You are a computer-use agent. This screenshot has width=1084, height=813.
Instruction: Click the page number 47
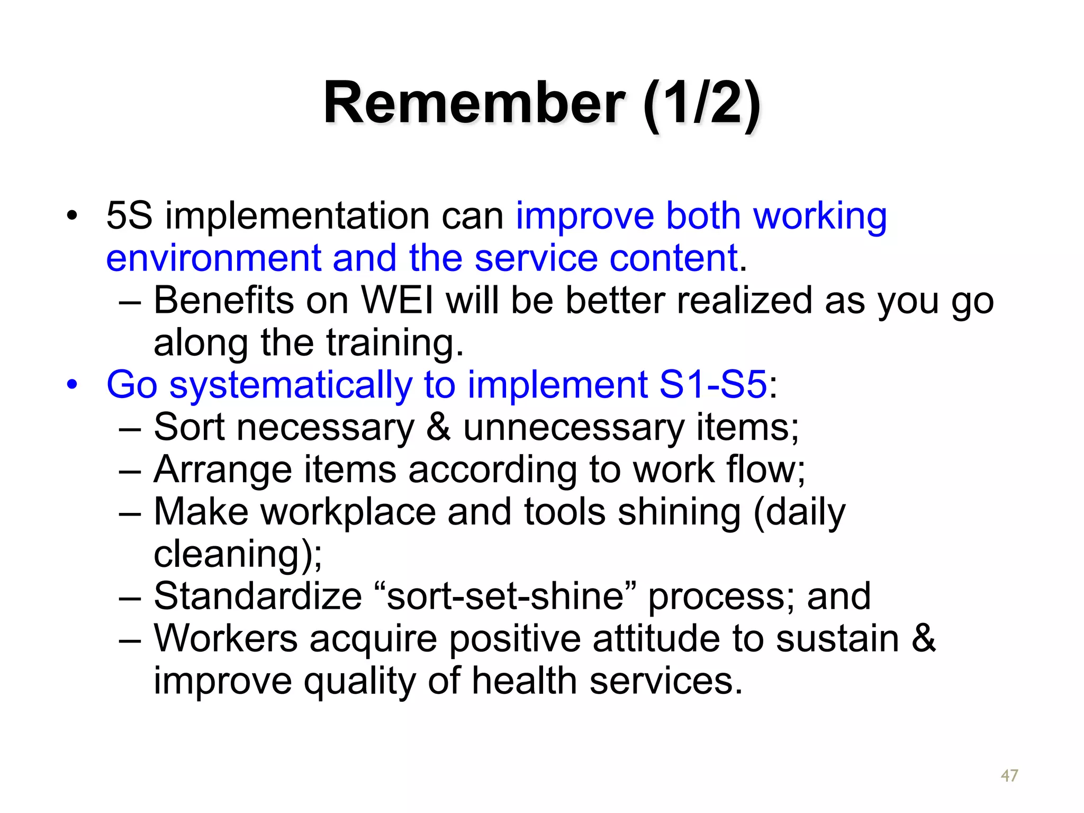point(1009,775)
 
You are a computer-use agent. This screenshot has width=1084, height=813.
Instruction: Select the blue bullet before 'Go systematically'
point(72,384)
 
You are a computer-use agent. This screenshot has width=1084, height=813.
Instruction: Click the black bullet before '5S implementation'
point(72,216)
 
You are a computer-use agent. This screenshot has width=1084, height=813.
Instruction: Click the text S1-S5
point(713,384)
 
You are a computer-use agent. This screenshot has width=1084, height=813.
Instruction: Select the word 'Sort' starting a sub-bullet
point(189,427)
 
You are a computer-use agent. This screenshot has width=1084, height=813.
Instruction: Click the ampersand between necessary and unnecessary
point(438,427)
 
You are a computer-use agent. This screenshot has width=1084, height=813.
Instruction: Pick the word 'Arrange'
point(222,469)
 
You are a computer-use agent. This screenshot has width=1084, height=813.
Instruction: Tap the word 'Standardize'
point(258,597)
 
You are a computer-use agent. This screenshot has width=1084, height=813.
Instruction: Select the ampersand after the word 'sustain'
point(924,638)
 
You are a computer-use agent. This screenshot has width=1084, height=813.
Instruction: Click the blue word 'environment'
point(213,258)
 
